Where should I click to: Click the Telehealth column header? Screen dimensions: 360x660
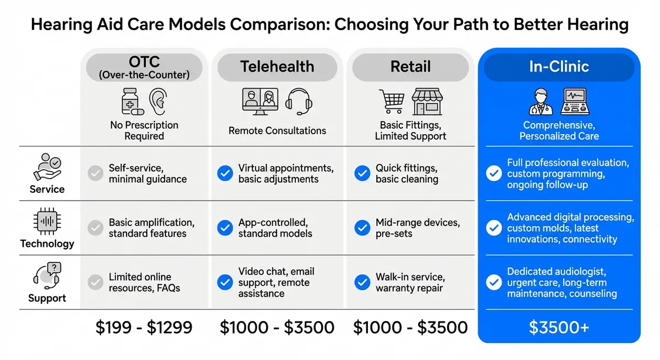click(277, 67)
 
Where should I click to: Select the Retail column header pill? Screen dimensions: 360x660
click(410, 67)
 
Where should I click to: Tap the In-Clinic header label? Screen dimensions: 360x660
click(559, 67)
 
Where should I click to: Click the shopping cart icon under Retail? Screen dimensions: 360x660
click(391, 101)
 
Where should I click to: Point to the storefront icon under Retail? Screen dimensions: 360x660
click(427, 101)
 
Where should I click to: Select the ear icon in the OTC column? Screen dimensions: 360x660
click(157, 102)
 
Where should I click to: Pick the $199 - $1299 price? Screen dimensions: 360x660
click(144, 328)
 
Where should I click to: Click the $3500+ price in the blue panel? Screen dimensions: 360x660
click(559, 328)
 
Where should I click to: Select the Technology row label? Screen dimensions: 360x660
click(47, 243)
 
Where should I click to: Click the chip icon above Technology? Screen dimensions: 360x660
click(47, 222)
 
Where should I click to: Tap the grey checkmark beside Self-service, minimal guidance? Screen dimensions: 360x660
click(96, 174)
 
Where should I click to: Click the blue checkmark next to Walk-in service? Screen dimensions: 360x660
click(362, 283)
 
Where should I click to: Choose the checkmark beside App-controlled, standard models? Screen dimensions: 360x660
click(225, 228)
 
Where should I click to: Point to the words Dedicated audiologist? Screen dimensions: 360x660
click(556, 272)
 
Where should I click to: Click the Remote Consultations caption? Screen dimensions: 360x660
click(277, 131)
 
